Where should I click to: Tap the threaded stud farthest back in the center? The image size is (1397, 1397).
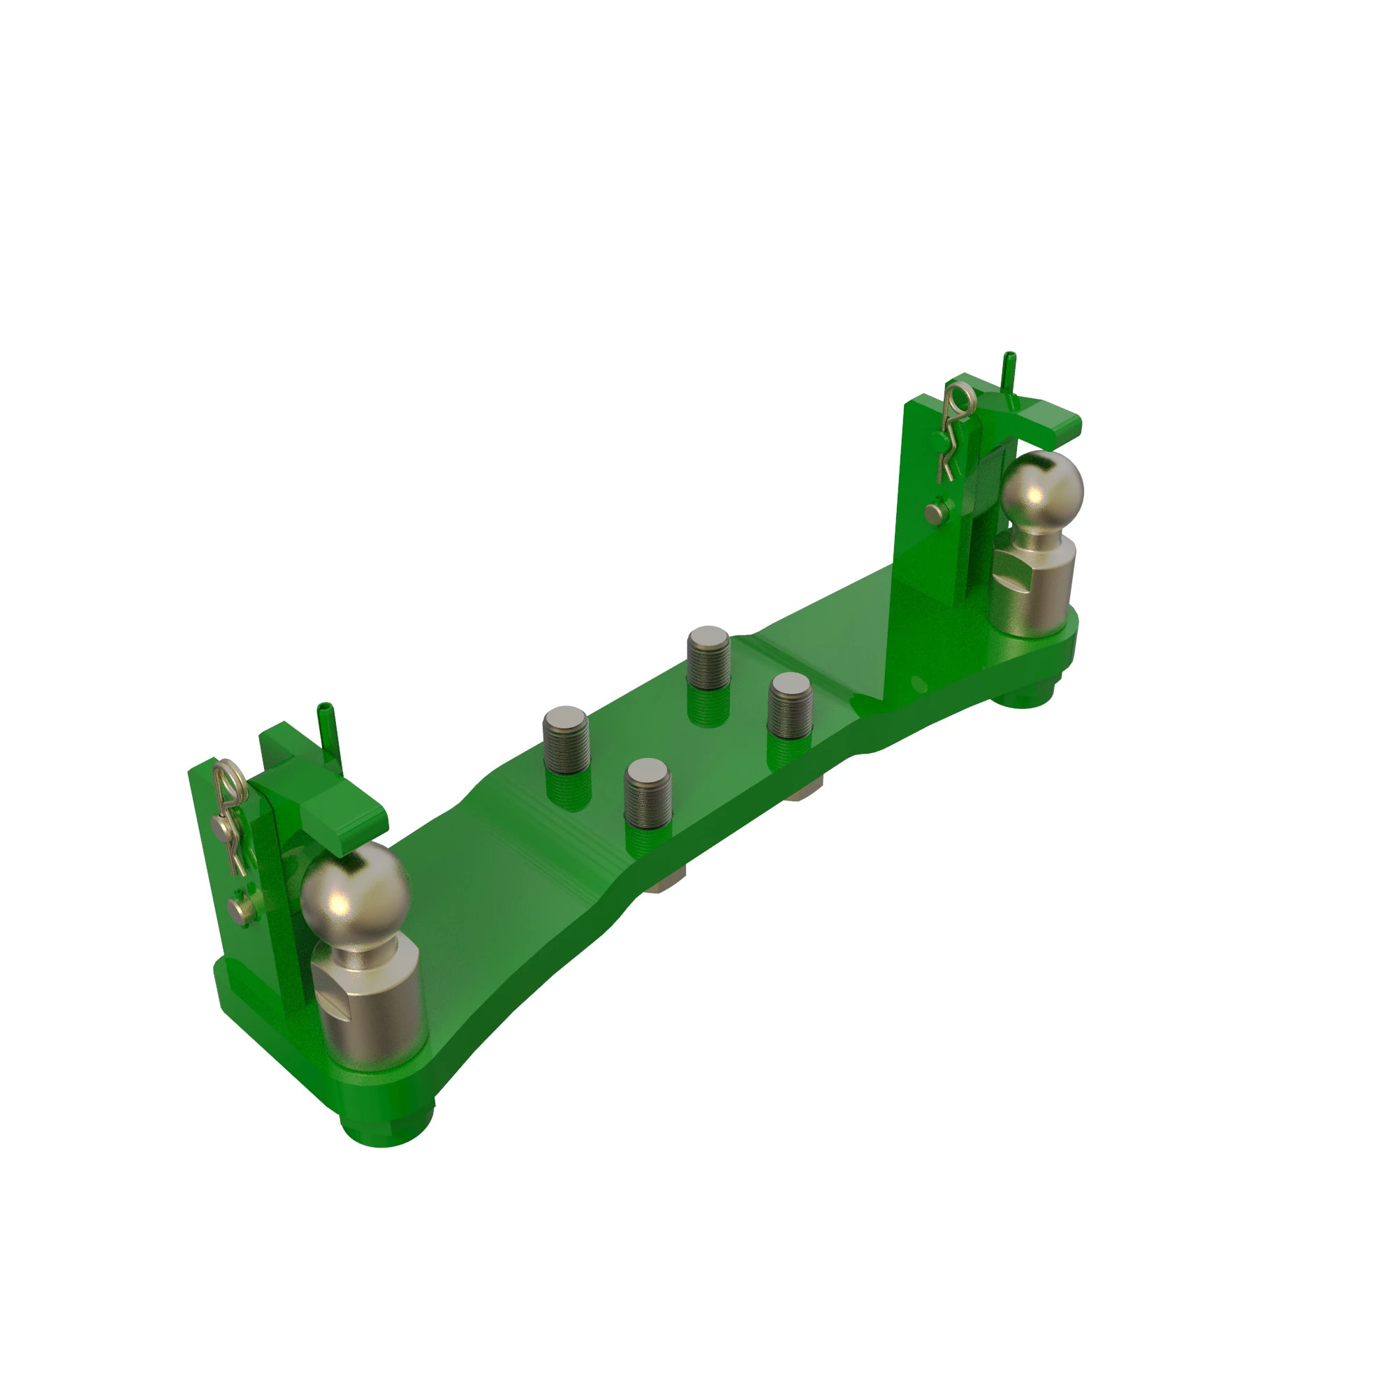[x=708, y=658]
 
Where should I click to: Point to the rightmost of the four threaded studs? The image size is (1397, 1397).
[x=789, y=705]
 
